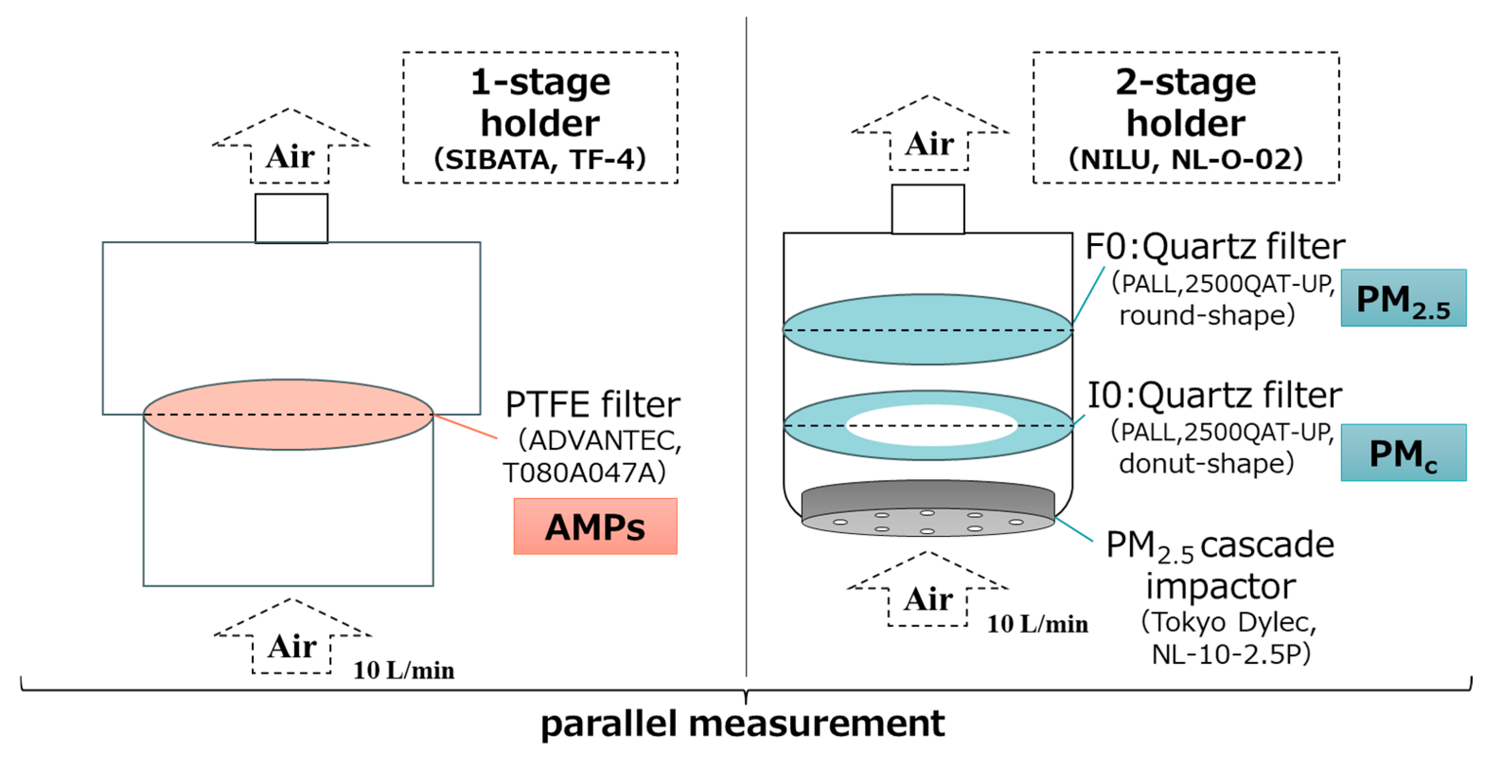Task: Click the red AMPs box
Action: coord(595,526)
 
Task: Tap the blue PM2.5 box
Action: coord(1403,298)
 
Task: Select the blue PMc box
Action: coord(1403,453)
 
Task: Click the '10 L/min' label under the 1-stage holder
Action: coord(404,670)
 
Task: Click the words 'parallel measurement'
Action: coord(742,724)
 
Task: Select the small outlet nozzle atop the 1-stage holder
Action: coord(291,218)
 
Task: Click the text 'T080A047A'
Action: coord(584,473)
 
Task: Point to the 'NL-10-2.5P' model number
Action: coord(1231,654)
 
